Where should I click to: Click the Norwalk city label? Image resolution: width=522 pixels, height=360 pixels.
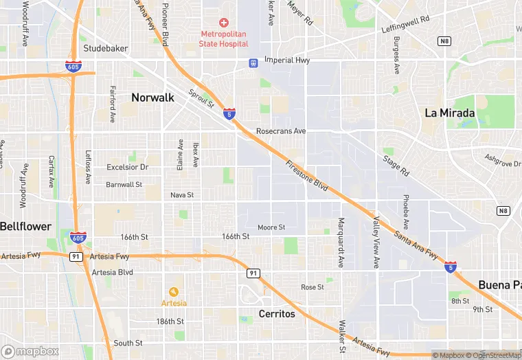click(x=152, y=98)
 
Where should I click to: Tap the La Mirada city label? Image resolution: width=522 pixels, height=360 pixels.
click(x=449, y=113)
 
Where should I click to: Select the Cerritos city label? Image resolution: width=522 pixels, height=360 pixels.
click(x=277, y=314)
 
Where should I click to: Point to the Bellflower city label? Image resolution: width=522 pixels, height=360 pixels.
click(x=25, y=226)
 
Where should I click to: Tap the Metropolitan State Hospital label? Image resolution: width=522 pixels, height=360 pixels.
click(x=223, y=39)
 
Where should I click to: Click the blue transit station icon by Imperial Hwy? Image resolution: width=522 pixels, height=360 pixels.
click(x=253, y=63)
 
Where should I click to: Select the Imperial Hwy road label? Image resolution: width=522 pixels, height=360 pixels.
click(x=288, y=60)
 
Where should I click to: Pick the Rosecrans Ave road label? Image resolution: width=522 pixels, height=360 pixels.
click(x=280, y=131)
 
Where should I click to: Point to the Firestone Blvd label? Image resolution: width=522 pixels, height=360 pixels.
click(x=307, y=177)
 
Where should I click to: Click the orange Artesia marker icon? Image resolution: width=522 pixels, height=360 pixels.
click(x=173, y=291)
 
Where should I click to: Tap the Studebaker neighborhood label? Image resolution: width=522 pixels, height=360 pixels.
click(x=106, y=49)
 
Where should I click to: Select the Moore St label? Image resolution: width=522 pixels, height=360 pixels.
click(x=271, y=227)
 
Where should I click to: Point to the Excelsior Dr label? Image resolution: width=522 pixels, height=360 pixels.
click(x=127, y=167)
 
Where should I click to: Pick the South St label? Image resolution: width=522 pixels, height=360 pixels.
click(x=128, y=343)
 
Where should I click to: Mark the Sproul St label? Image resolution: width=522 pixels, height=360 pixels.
click(x=202, y=99)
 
